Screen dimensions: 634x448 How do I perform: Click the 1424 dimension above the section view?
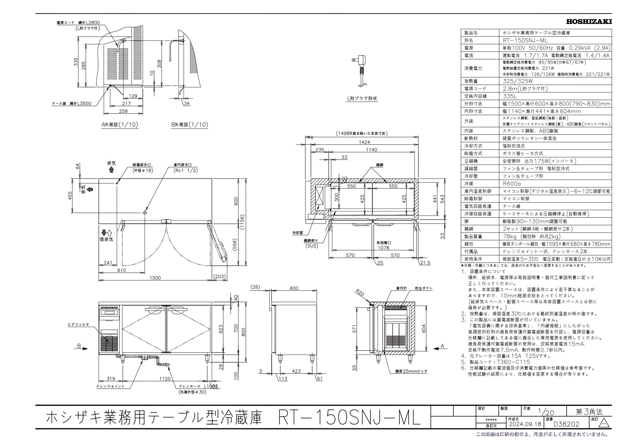pos(364,142)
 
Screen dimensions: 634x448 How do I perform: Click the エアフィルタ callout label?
pos(78,325)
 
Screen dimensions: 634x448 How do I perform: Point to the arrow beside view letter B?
pos(83,349)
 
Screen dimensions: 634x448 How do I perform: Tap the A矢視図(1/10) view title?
pos(120,125)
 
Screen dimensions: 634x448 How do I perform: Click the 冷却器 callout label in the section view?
pos(298,233)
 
